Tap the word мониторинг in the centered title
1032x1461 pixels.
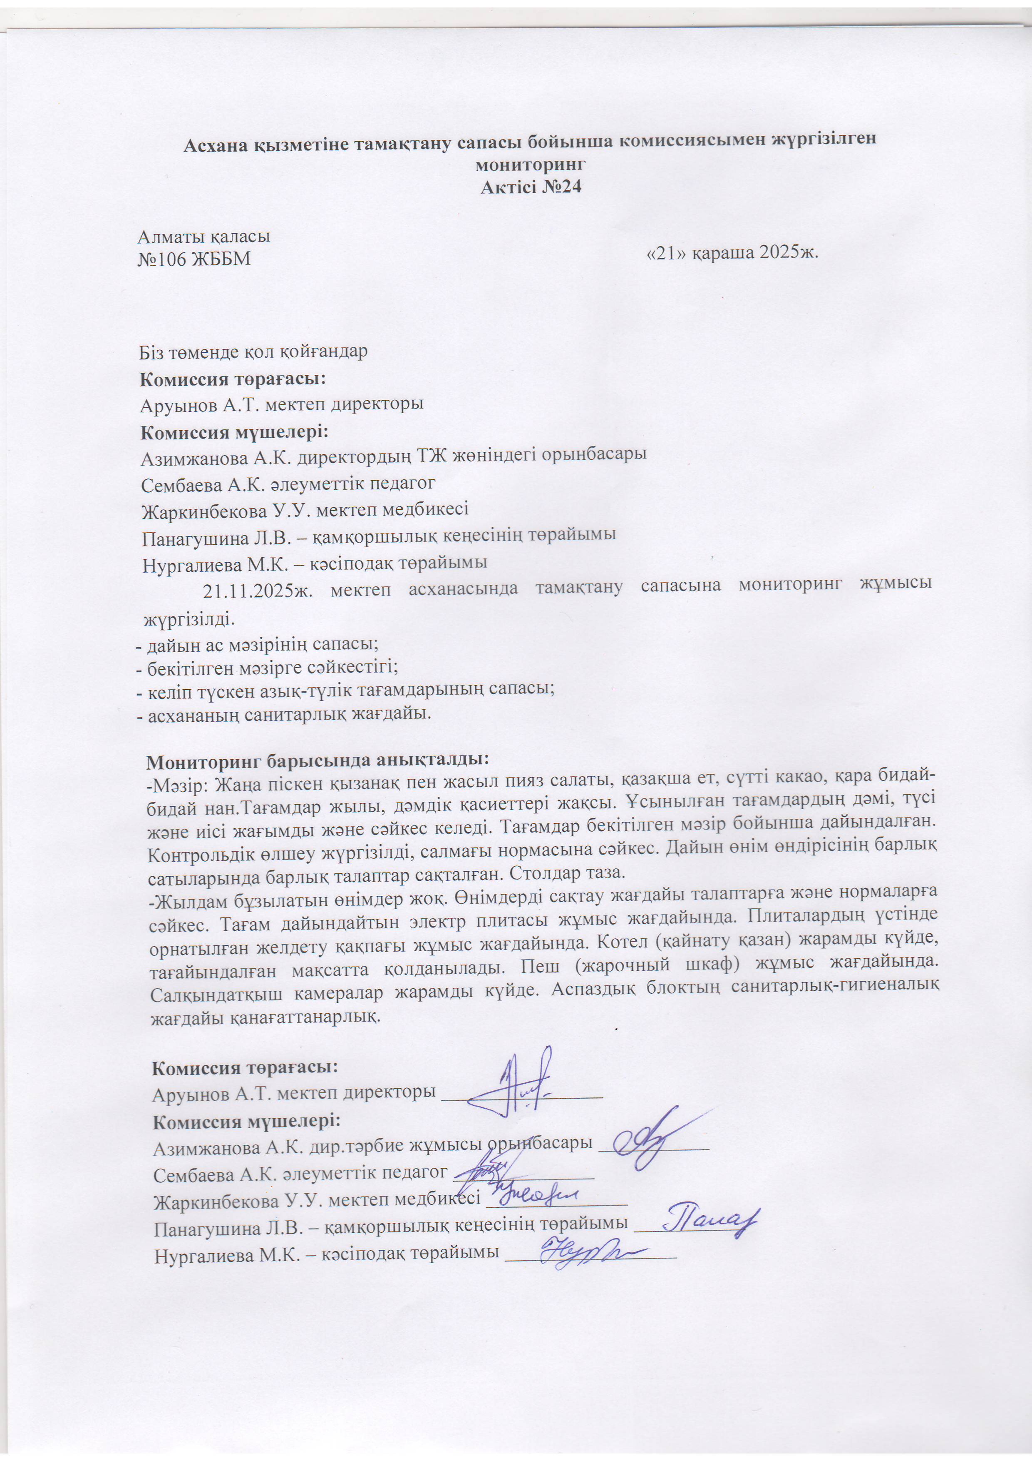530,164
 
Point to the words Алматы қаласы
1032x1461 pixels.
204,237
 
